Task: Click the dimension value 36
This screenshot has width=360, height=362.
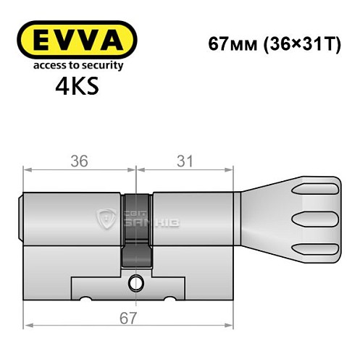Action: (80, 161)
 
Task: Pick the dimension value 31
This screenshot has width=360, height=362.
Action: (185, 161)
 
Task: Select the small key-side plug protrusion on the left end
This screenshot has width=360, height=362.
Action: (21, 218)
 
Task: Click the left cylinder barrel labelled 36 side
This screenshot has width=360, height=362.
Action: (72, 218)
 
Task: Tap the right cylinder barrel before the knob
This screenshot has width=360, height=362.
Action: (192, 218)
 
